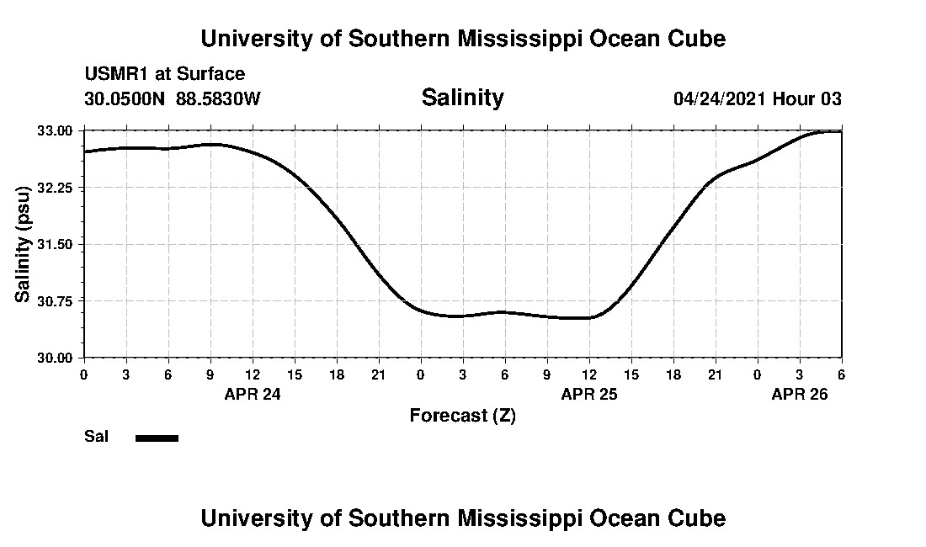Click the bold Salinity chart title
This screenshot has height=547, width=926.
coord(462,98)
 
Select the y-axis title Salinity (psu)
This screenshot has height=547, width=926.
coord(24,245)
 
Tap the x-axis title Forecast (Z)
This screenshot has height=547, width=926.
coord(462,415)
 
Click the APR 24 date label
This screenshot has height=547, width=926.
coord(253,394)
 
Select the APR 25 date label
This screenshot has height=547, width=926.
coord(589,394)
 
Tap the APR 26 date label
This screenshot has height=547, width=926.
coord(800,394)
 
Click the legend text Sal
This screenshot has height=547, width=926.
coord(96,437)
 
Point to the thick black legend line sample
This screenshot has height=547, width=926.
coord(157,438)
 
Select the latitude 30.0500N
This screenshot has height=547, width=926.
coord(125,98)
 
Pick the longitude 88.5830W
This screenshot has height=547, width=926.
coord(219,98)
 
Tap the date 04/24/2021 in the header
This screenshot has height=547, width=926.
coord(720,98)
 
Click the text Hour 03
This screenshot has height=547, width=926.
coord(807,98)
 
